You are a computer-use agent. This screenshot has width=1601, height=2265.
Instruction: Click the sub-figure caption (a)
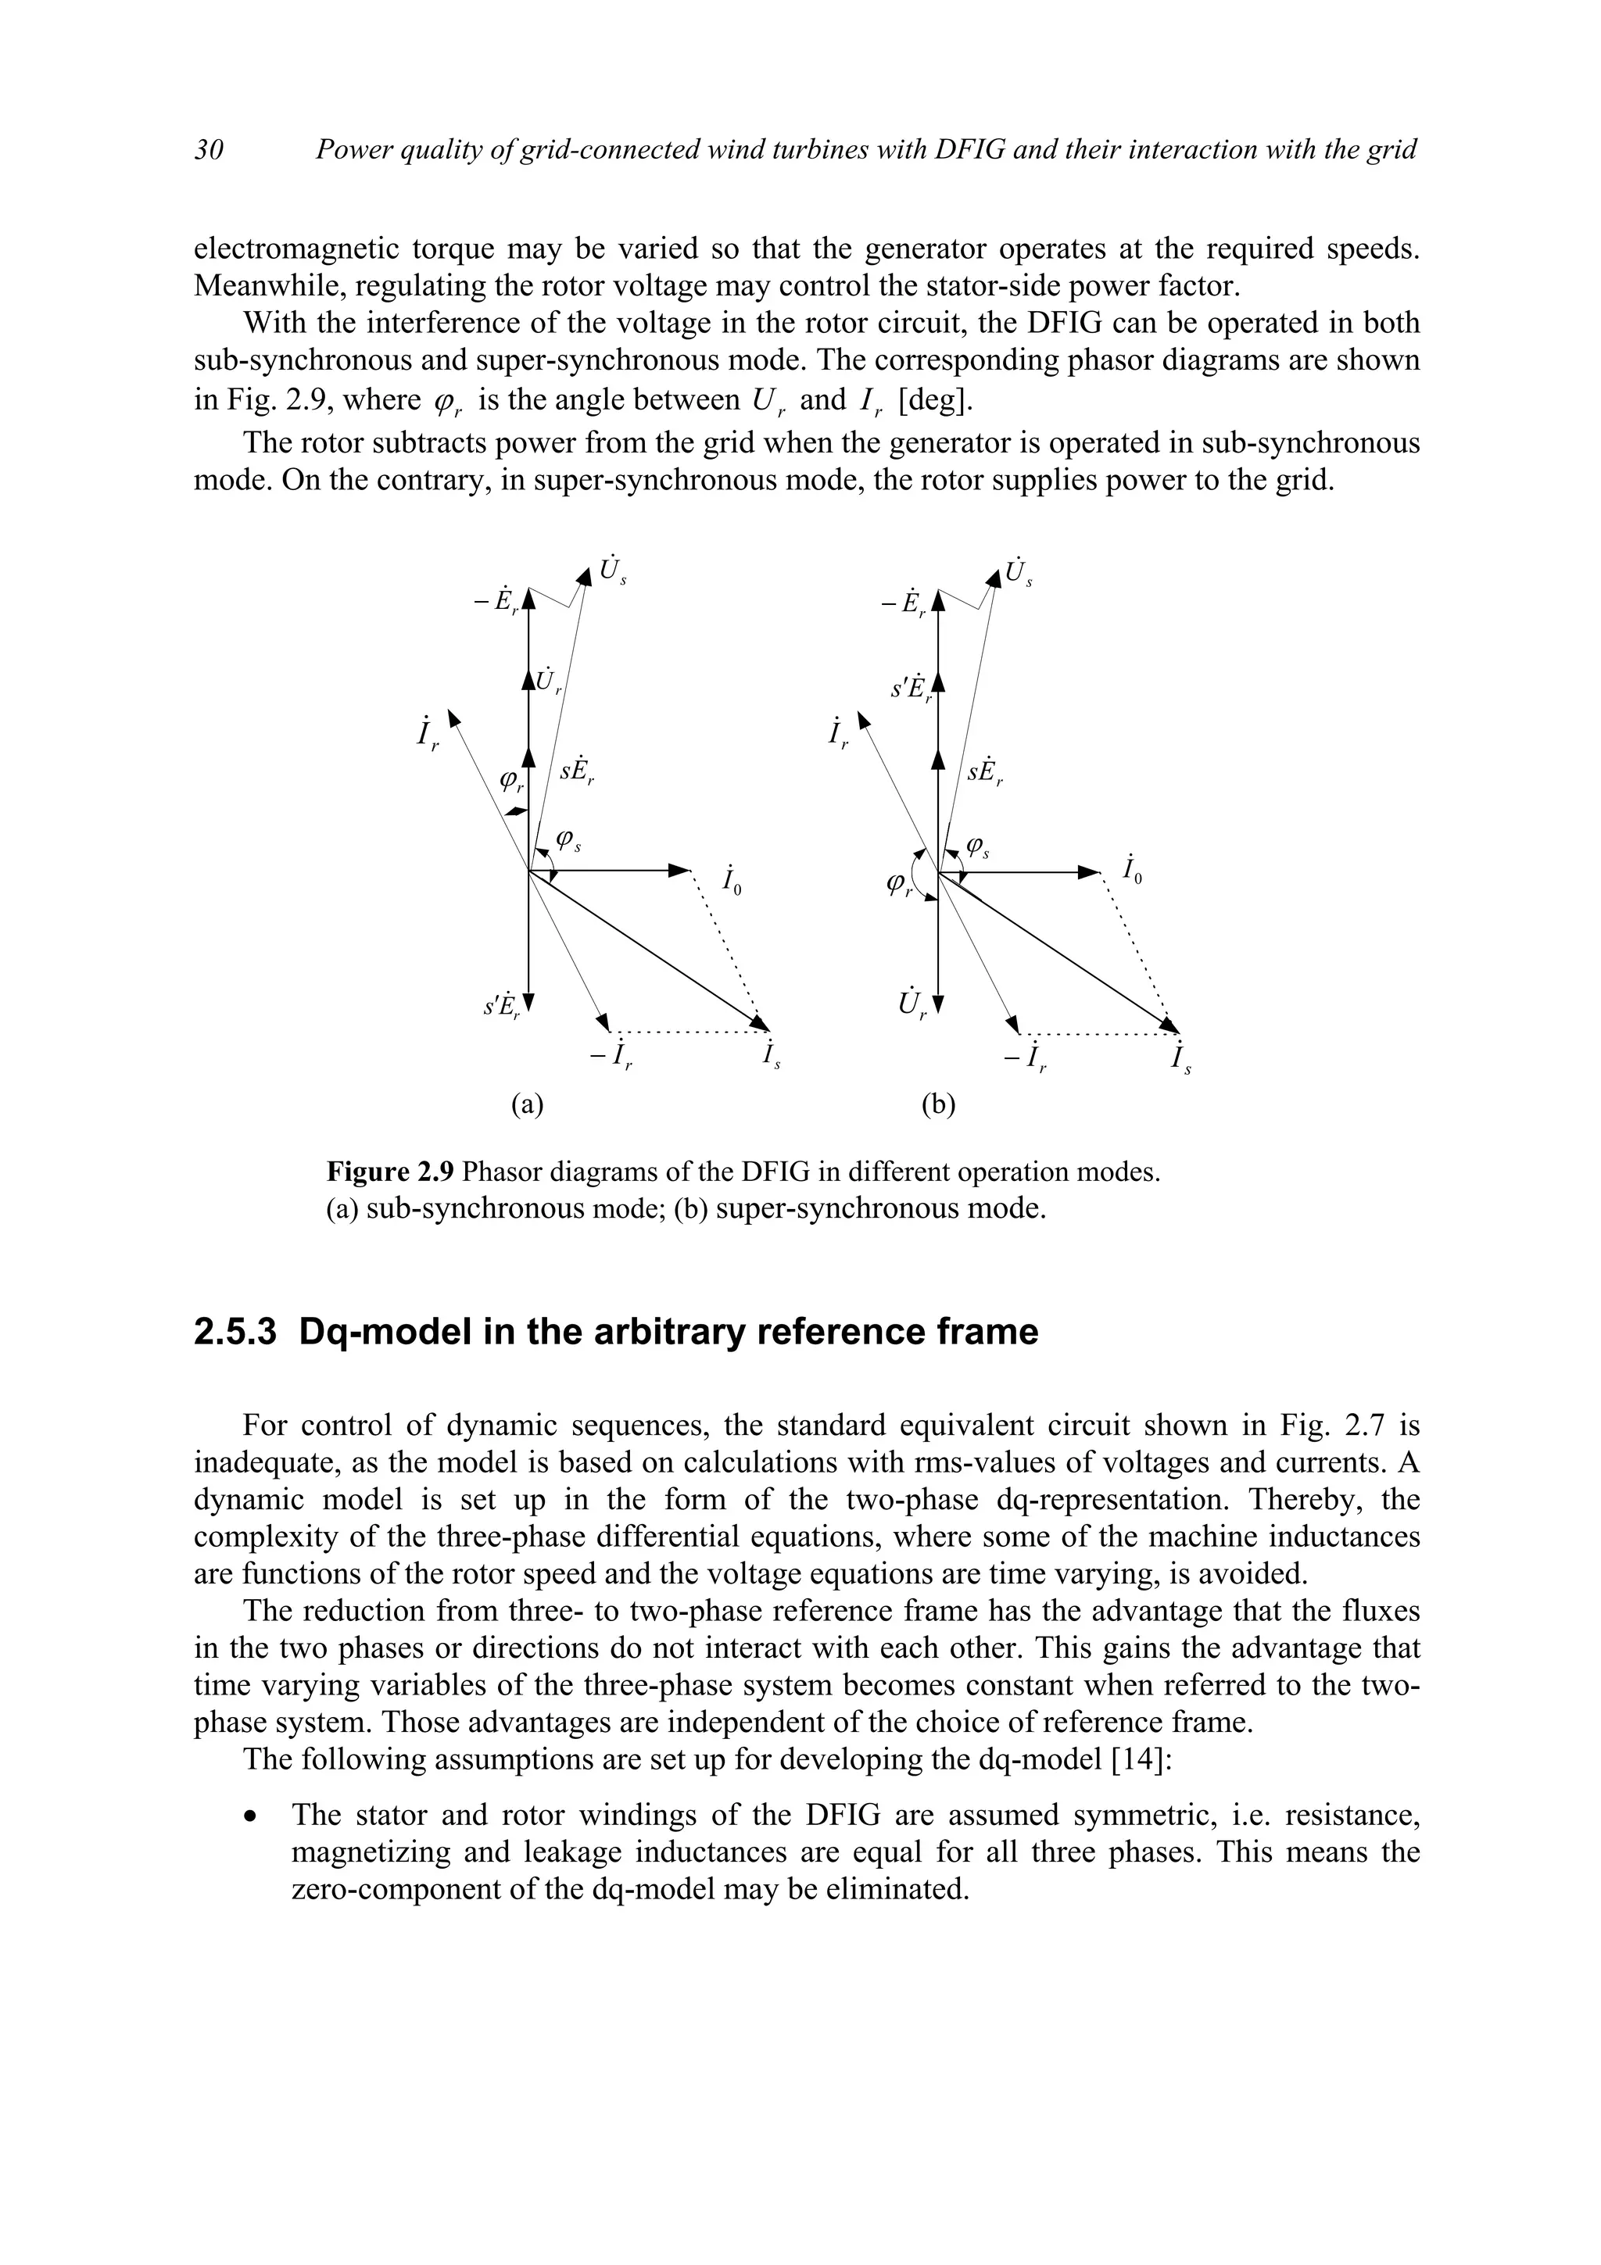tap(528, 1104)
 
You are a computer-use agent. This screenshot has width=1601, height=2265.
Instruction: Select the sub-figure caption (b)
tap(938, 1104)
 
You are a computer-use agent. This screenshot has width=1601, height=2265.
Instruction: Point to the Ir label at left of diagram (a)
tap(427, 733)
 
